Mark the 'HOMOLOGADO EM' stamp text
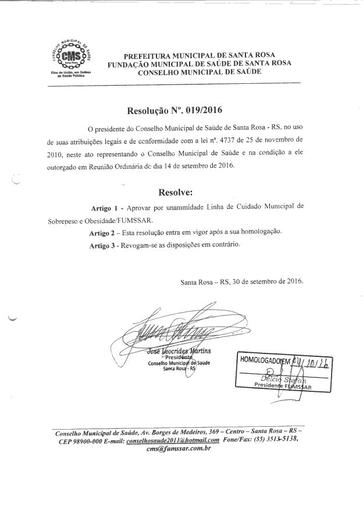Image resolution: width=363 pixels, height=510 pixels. click(x=264, y=360)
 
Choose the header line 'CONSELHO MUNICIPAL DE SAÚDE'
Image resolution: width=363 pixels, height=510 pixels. click(x=199, y=72)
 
